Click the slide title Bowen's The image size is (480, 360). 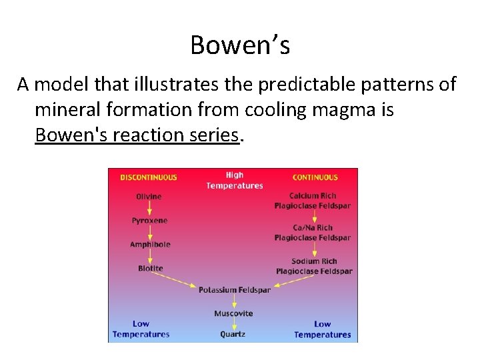coord(240,45)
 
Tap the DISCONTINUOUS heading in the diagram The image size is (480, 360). coord(149,177)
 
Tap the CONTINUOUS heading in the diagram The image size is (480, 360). coord(315,177)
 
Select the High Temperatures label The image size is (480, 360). coord(235,181)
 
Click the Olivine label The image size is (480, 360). coord(149,197)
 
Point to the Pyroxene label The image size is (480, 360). coord(149,221)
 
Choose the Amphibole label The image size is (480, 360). coord(150,245)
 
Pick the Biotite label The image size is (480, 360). coord(150,269)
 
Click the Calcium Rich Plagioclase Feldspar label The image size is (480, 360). coord(312,201)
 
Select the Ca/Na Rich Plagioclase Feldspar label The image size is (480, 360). coord(312,233)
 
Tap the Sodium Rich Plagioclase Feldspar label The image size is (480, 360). coord(314,266)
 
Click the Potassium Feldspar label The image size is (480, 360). coord(235,290)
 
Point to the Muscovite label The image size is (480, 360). coord(233,313)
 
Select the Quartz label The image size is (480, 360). coord(233,334)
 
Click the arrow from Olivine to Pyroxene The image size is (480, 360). coord(149,208)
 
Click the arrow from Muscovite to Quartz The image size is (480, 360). coord(233,324)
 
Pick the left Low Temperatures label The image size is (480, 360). coord(141,329)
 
